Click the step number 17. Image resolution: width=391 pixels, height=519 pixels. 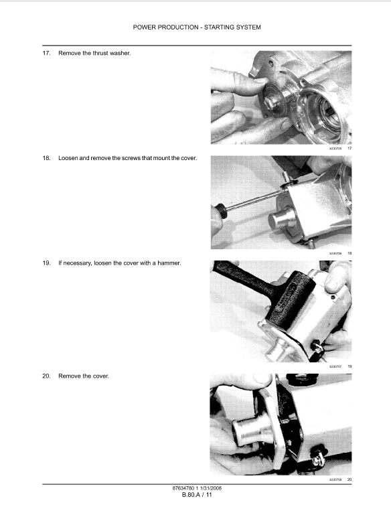[46, 53]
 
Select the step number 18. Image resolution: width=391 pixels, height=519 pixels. [46, 158]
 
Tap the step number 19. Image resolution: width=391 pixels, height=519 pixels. [46, 263]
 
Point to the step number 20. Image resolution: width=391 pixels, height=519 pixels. [46, 376]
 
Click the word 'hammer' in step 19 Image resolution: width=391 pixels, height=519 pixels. [169, 263]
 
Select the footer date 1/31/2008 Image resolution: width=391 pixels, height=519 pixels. [210, 488]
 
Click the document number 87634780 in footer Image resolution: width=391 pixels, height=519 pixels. [185, 488]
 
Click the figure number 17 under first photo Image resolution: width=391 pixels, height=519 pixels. [349, 148]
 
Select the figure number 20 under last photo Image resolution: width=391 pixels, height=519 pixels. [349, 479]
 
